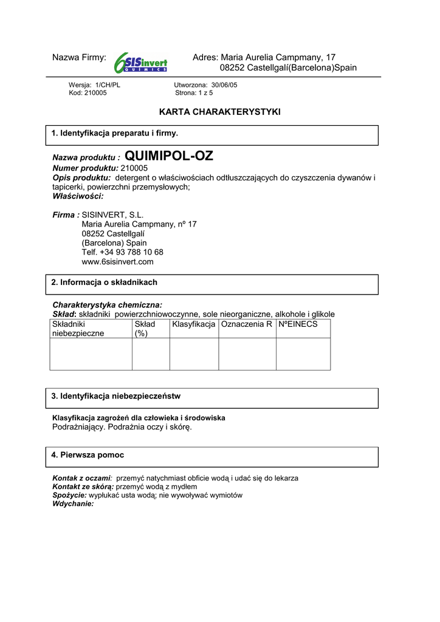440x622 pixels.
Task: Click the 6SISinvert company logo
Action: (140, 62)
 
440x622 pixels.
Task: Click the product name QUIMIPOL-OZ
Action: (169, 156)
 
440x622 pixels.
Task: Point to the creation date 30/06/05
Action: (224, 85)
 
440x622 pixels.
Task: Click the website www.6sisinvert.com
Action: (117, 262)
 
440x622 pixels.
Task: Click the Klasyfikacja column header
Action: (194, 324)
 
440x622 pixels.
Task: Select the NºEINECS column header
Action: (298, 324)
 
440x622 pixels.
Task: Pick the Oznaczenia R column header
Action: (247, 324)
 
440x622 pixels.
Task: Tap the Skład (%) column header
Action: (145, 329)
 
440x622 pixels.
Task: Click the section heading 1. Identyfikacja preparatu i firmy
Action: (115, 133)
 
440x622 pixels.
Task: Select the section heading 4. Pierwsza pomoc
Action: (88, 454)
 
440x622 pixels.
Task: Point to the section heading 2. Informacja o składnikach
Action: (105, 282)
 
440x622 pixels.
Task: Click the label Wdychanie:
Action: (74, 504)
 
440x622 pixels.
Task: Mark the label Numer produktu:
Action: (86, 168)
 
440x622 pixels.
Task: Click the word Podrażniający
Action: (80, 427)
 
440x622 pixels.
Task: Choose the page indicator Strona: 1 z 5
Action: (194, 93)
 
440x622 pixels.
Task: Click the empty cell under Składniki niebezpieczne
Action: (91, 354)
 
